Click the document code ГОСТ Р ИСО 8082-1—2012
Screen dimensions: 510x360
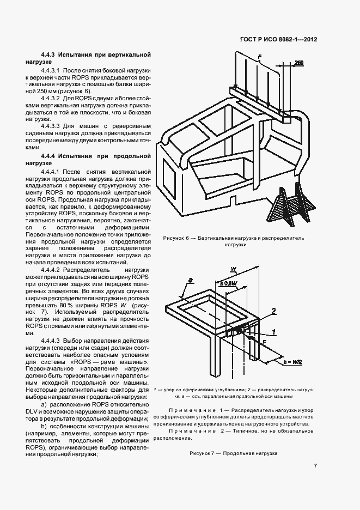tap(279, 40)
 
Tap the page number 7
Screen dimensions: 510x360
tap(315, 465)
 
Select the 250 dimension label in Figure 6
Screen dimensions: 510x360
tap(299, 63)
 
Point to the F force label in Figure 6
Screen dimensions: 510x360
tap(260, 57)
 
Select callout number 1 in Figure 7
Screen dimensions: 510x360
tap(273, 331)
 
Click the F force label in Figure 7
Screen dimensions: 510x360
tap(264, 342)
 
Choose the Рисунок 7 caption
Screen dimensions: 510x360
tap(233, 453)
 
